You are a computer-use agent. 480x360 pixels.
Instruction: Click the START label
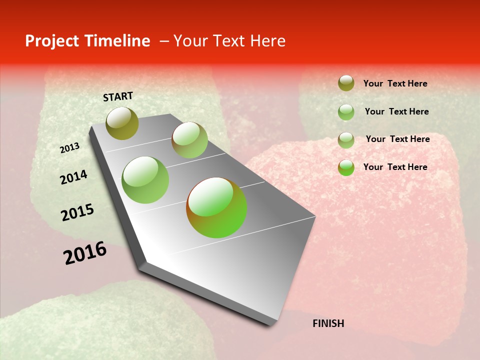(x=118, y=96)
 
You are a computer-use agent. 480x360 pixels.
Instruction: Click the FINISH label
(x=328, y=323)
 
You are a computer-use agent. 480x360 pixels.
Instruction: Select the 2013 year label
(x=69, y=148)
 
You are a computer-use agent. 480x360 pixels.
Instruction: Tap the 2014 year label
(x=73, y=177)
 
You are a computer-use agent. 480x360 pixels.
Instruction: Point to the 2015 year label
(x=77, y=212)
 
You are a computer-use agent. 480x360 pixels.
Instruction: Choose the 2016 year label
(x=85, y=253)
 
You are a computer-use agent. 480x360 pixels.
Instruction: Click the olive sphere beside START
(x=122, y=123)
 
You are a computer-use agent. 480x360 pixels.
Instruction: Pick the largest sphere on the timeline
(x=216, y=207)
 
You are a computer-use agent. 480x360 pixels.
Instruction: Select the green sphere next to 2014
(x=145, y=180)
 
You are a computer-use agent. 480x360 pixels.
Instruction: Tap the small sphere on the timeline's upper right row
(x=189, y=140)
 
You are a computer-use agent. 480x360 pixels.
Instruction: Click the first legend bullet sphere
(x=346, y=83)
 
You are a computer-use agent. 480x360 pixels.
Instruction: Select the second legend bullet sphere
(x=346, y=112)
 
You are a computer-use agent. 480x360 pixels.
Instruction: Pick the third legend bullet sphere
(x=346, y=140)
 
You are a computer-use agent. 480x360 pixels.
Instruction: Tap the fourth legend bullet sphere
(x=346, y=167)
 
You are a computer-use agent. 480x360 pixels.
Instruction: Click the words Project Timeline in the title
(x=87, y=41)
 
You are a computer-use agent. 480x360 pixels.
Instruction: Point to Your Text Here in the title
(x=229, y=41)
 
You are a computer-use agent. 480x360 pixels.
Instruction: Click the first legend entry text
(x=395, y=84)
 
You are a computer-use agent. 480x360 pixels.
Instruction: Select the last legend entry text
(x=395, y=167)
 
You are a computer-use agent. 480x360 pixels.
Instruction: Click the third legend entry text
(x=397, y=139)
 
